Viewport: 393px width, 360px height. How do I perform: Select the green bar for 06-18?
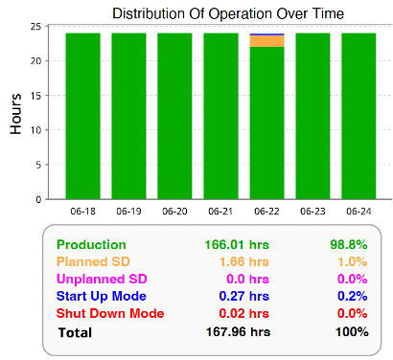point(82,115)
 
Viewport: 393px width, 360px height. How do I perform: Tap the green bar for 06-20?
point(174,115)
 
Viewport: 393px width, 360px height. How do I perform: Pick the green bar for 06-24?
point(358,115)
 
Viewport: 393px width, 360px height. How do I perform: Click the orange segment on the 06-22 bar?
point(266,41)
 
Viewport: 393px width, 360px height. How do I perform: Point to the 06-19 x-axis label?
point(128,210)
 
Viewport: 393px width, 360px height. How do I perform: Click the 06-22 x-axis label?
point(266,210)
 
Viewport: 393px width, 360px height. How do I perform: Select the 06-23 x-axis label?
point(312,210)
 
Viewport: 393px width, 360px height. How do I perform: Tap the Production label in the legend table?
point(91,245)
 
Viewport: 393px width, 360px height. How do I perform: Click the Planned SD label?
point(91,261)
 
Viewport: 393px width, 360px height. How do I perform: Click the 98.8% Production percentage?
point(346,245)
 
